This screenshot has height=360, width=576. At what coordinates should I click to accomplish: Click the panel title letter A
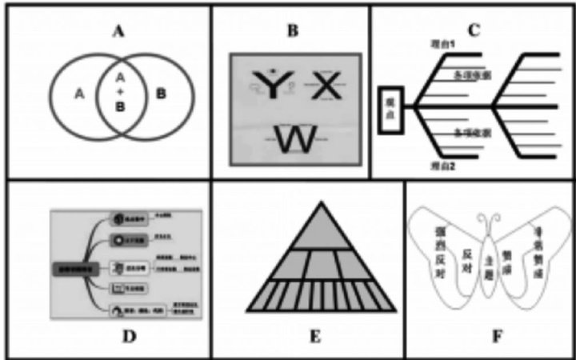pos(119,32)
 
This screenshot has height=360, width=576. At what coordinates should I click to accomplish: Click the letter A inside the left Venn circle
pos(78,94)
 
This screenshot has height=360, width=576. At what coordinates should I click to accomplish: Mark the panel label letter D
pos(129,335)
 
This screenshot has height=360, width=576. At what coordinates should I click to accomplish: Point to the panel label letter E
pos(315,335)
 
